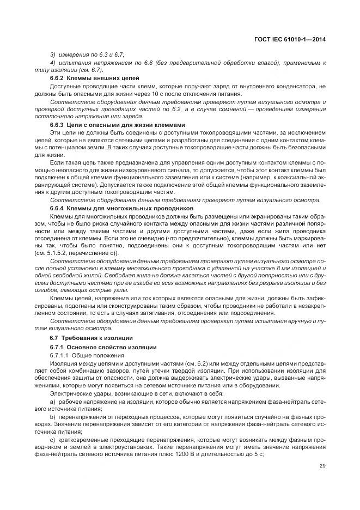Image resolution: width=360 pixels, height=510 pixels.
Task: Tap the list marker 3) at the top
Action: pos(53,55)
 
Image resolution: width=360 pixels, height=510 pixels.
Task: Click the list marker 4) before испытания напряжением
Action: pos(53,63)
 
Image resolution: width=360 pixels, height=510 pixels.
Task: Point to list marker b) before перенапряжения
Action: pos(53,416)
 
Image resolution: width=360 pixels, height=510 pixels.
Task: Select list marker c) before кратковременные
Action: pos(53,439)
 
